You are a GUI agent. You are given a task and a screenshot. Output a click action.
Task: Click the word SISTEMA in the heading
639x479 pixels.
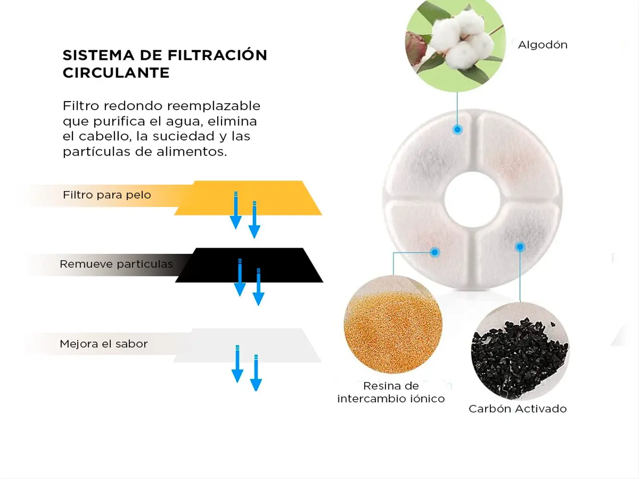click(98, 55)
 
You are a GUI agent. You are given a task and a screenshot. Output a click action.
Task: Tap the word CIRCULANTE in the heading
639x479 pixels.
click(116, 73)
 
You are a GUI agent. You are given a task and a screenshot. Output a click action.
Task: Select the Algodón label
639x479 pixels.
click(543, 45)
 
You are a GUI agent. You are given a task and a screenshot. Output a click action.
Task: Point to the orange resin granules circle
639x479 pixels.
click(393, 324)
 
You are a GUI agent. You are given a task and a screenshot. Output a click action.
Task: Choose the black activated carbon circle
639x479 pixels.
click(520, 351)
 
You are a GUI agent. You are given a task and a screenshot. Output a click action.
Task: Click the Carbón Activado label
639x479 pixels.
click(518, 409)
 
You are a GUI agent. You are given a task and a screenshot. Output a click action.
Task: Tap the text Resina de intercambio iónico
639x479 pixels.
click(391, 392)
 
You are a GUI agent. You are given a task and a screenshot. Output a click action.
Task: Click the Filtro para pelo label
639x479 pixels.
click(107, 195)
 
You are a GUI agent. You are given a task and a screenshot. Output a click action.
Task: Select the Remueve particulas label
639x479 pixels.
click(116, 264)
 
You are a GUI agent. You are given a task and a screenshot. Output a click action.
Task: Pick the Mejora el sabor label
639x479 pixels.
click(104, 344)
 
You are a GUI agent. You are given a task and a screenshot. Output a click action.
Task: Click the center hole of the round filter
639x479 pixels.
click(473, 200)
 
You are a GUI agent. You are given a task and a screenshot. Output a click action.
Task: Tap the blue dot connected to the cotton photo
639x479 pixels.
click(457, 129)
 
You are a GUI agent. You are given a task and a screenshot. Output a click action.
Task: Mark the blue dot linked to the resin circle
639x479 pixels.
click(435, 252)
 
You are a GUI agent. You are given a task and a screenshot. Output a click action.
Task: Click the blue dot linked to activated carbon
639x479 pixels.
click(520, 247)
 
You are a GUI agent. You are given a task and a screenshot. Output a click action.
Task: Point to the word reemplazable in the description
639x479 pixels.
click(214, 106)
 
